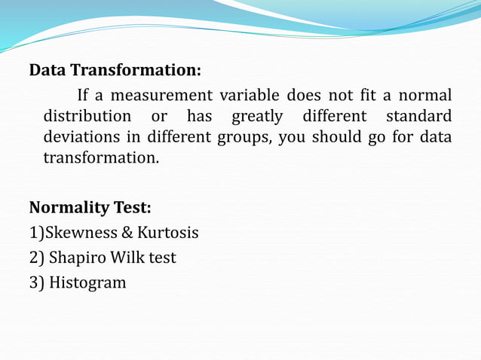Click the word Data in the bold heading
[x=47, y=71]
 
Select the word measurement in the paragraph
[x=159, y=96]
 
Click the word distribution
[x=87, y=117]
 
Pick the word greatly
[x=256, y=117]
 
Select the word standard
[x=418, y=117]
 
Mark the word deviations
[x=81, y=138]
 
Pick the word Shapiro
[x=78, y=258]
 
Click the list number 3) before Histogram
[x=36, y=283]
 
